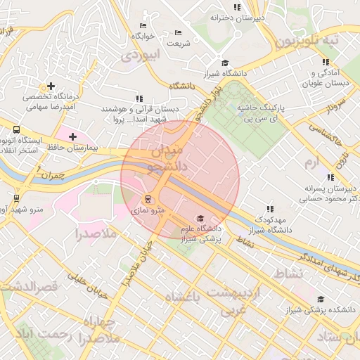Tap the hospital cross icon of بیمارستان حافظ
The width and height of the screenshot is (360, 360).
click(x=72, y=136)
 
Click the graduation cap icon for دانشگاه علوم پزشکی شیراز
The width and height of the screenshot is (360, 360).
click(x=200, y=218)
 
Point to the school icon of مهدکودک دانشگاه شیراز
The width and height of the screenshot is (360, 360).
click(x=269, y=209)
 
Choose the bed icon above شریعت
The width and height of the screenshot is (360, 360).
click(x=178, y=32)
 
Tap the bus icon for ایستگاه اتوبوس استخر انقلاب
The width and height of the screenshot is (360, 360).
click(x=16, y=130)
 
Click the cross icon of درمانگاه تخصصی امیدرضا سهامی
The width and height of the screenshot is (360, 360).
click(x=51, y=86)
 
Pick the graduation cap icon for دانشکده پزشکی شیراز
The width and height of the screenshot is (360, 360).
click(x=321, y=300)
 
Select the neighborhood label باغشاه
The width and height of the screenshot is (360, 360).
click(x=183, y=298)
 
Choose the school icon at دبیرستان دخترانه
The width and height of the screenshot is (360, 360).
click(x=237, y=7)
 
